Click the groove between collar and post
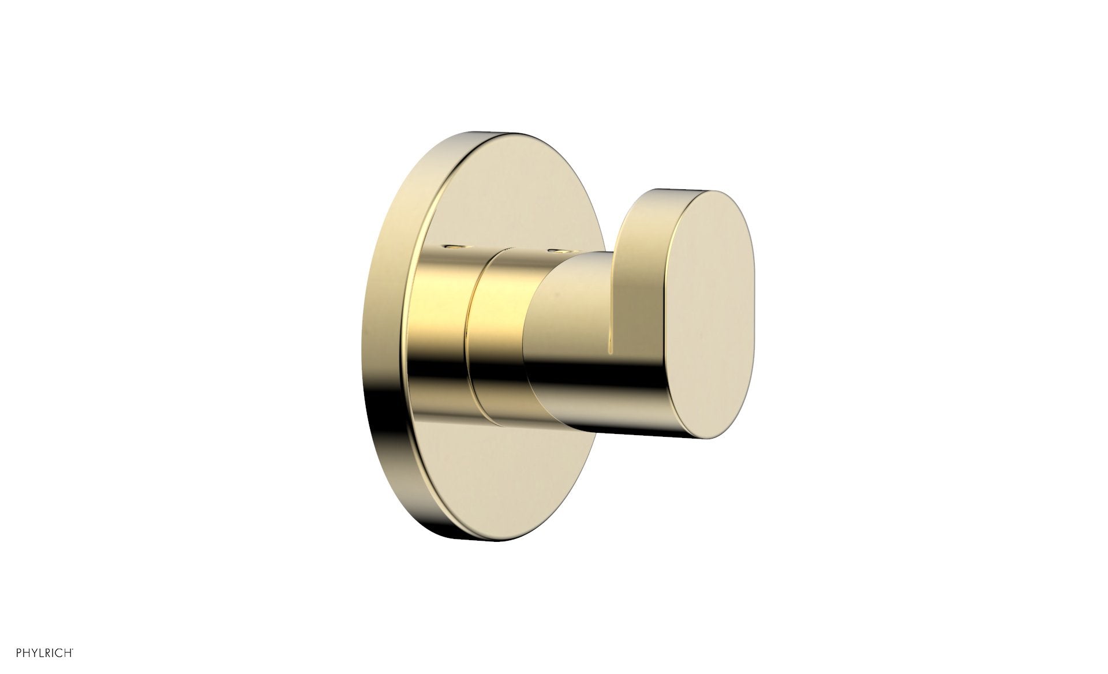pyautogui.click(x=469, y=340)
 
